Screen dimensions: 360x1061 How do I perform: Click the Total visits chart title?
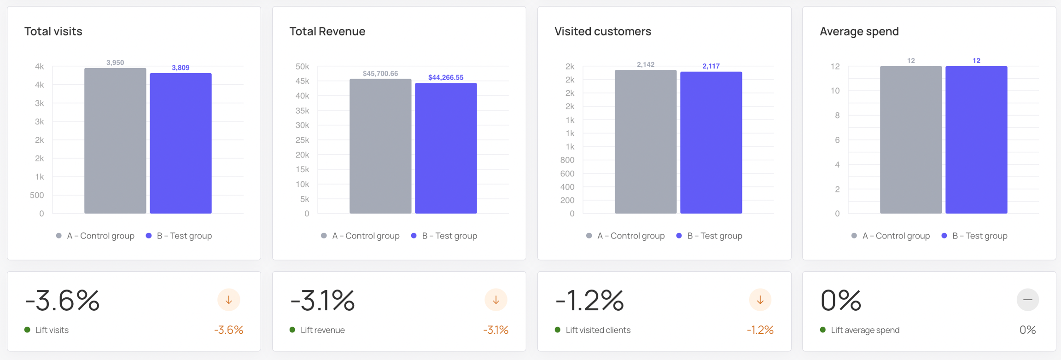(53, 31)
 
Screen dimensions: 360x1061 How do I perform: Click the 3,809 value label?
(181, 68)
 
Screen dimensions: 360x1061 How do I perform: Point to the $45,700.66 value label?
(380, 74)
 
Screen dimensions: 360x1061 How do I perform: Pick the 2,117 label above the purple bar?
(711, 66)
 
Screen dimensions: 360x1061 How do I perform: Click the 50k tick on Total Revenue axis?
(303, 67)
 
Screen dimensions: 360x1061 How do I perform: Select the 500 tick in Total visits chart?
(37, 195)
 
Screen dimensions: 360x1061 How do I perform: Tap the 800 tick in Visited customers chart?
(567, 160)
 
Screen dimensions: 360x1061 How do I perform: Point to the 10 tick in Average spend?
(835, 91)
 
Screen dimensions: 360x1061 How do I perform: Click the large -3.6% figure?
(62, 300)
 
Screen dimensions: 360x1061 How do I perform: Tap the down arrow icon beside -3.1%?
(496, 300)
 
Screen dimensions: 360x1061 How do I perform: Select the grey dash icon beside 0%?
(1027, 300)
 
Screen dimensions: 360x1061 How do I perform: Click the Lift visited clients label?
(598, 330)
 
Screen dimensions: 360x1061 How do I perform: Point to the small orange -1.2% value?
(760, 330)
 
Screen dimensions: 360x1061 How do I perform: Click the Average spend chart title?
(859, 31)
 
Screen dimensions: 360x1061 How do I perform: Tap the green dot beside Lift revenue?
(292, 330)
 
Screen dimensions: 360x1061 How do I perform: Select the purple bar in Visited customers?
(711, 143)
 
